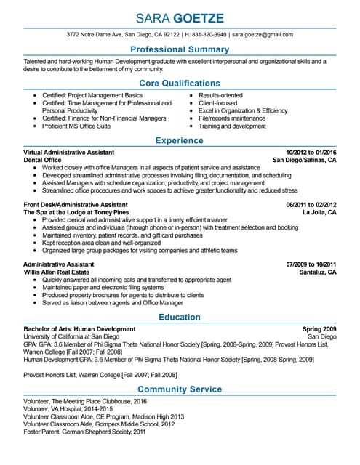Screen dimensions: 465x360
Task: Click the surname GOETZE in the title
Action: [199, 17]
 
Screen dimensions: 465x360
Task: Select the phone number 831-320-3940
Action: [208, 34]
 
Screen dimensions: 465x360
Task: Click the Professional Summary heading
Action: [180, 49]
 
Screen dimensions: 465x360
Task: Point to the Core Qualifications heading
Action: [180, 84]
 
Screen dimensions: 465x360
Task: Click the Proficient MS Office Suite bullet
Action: [76, 126]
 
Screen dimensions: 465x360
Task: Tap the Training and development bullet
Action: [232, 126]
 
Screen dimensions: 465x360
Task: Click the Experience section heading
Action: [180, 140]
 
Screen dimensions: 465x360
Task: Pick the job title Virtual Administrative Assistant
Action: [69, 152]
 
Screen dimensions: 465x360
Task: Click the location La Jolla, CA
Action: [319, 212]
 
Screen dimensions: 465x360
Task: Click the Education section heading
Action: [180, 317]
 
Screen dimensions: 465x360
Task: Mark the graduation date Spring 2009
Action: [319, 329]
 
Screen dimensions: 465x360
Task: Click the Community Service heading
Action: [180, 389]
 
